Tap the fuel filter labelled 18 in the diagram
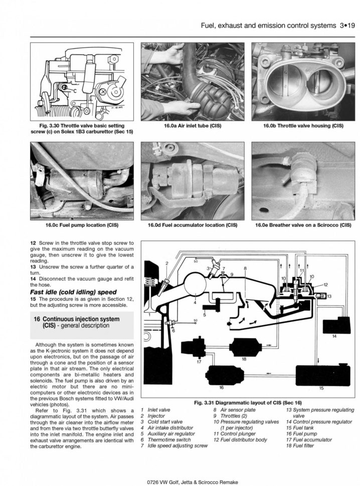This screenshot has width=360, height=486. pyautogui.click(x=244, y=346)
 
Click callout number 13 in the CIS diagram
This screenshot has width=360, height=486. pyautogui.click(x=329, y=297)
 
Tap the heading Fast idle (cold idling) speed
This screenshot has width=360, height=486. pyautogui.click(x=73, y=292)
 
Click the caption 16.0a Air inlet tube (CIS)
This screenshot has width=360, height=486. pyautogui.click(x=192, y=126)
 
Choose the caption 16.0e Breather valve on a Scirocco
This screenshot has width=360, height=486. pyautogui.click(x=303, y=225)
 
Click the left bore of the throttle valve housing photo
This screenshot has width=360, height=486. pyautogui.click(x=281, y=82)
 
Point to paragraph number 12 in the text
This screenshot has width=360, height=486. pyautogui.click(x=33, y=243)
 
